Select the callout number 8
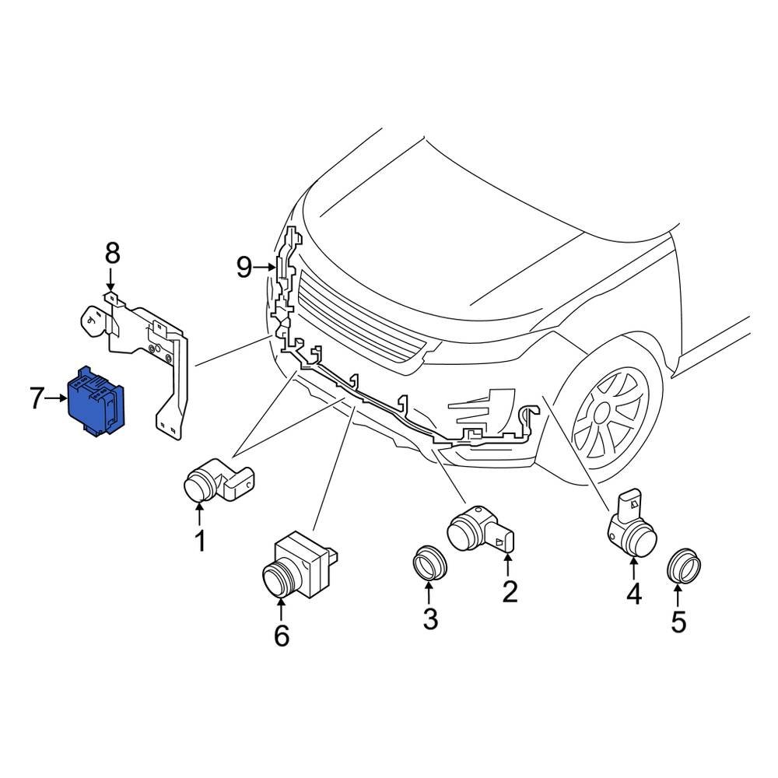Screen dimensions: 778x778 pos(112,253)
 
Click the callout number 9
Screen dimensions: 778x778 pos(245,268)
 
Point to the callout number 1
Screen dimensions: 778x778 pos(200,540)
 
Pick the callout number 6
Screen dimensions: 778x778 pos(281,636)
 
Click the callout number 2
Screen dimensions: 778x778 pos(510,592)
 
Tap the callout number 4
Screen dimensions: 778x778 pos(634,594)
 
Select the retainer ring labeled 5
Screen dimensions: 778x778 pos(685,566)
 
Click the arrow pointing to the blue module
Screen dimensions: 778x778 pos(58,399)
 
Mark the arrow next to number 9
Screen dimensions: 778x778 pos(265,268)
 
